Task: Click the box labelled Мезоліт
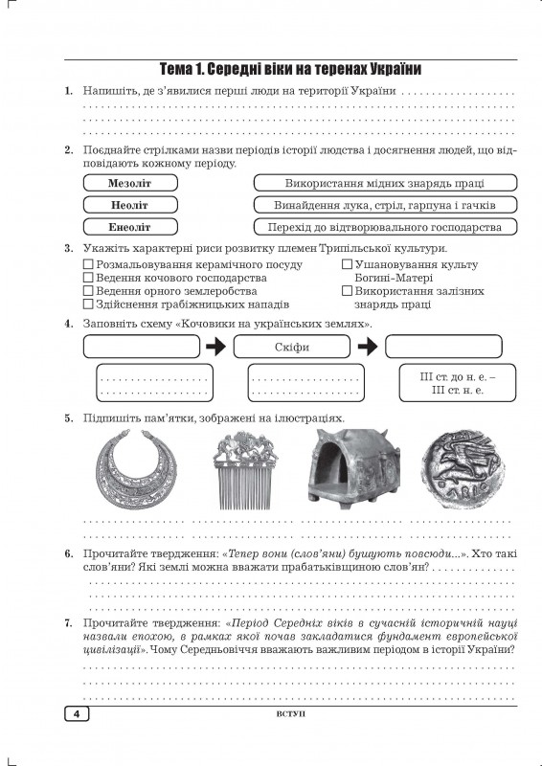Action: pos(130,183)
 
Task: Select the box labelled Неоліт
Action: pos(130,205)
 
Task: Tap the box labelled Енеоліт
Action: pos(130,227)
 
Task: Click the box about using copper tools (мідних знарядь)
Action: pos(385,183)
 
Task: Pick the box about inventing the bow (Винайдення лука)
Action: pos(385,205)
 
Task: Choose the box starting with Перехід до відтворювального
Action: pos(385,227)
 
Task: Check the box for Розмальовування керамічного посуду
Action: pos(88,264)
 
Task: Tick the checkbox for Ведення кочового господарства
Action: pos(88,278)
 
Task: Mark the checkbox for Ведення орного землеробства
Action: pos(88,291)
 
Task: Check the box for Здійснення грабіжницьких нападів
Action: pos(88,304)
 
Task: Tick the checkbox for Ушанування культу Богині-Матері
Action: pos(347,264)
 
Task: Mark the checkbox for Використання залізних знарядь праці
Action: pos(347,291)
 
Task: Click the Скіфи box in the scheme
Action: pos(292,347)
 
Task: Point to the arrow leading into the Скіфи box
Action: pos(216,347)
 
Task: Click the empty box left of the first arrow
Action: pos(142,347)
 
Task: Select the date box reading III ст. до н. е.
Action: pos(458,383)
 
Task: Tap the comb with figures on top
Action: pos(245,470)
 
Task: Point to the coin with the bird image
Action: pos(463,469)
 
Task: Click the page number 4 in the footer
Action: pos(77,713)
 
